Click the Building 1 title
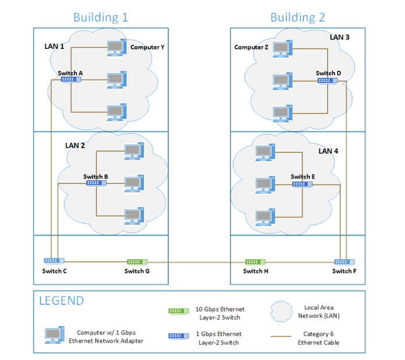click(x=100, y=17)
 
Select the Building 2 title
click(x=297, y=17)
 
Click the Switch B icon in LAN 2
click(x=96, y=183)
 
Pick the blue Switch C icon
click(x=54, y=261)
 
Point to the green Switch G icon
click(x=137, y=262)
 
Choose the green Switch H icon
click(x=255, y=262)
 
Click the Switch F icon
click(x=344, y=262)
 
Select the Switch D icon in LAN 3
click(x=328, y=80)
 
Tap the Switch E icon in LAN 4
click(x=302, y=184)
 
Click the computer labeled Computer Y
click(x=116, y=48)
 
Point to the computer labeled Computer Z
click(x=282, y=48)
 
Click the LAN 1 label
click(x=55, y=45)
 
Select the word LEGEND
click(x=61, y=301)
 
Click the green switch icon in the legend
click(x=177, y=313)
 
